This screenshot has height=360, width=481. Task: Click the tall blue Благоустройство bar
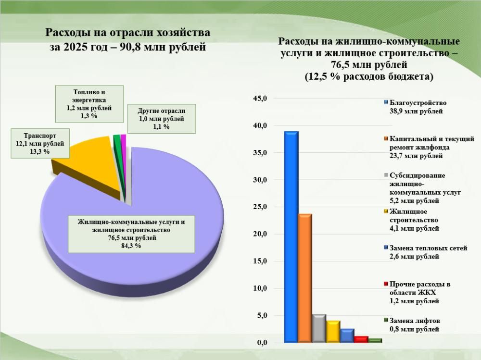291,236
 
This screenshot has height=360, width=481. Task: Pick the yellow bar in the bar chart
333,332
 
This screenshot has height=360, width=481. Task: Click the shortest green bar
375,340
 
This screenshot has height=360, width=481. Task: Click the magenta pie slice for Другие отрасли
124,140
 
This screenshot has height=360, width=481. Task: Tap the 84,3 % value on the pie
131,246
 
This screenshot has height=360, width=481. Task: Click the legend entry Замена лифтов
414,325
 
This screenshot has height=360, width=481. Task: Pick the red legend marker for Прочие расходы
386,285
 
